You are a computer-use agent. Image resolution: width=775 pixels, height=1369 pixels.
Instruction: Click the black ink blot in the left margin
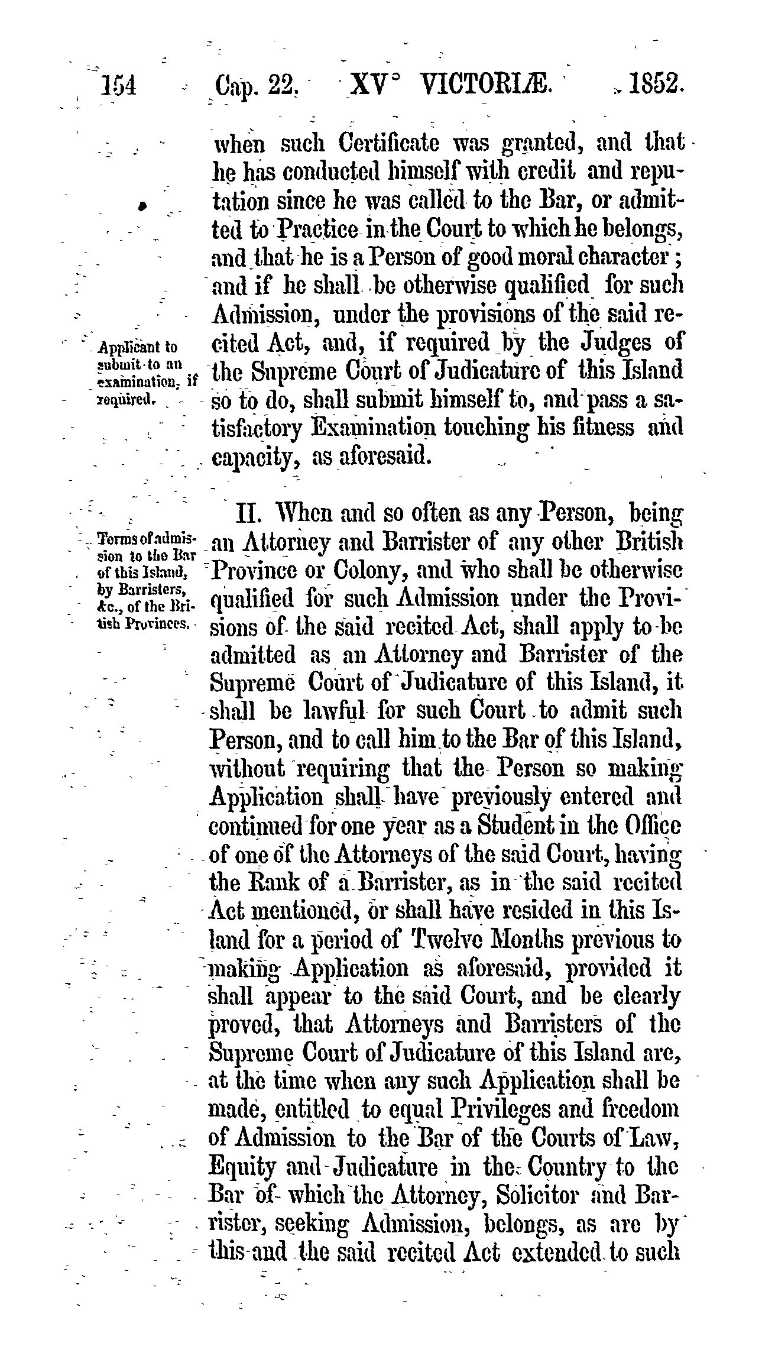click(141, 206)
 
